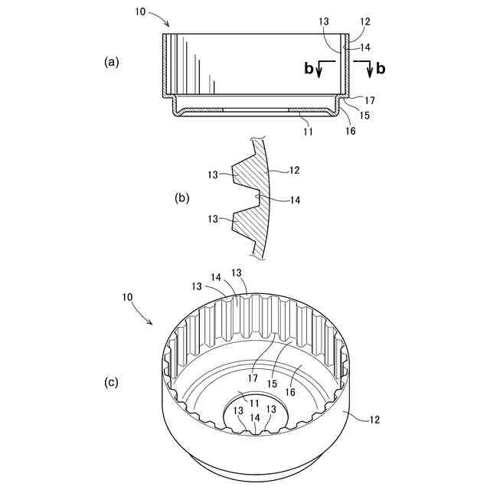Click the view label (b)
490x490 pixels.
(x=182, y=198)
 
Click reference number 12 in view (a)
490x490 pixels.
(x=364, y=22)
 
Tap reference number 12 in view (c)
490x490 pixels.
(x=373, y=420)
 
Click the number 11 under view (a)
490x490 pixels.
(x=309, y=132)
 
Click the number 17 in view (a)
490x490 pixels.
(x=369, y=100)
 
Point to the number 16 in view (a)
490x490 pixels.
(x=350, y=131)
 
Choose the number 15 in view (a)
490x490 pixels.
(x=364, y=116)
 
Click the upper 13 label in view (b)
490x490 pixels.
(x=213, y=175)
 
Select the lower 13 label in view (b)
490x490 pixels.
(x=213, y=219)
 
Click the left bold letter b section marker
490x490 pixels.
(x=309, y=69)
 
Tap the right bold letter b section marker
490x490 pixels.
(x=381, y=69)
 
